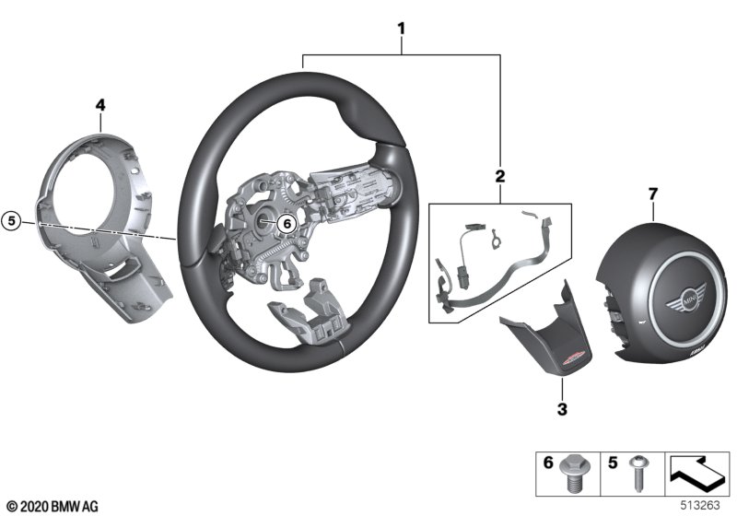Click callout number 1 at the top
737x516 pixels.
pyautogui.click(x=401, y=29)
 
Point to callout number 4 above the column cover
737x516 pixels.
pyautogui.click(x=99, y=108)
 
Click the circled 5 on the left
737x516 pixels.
pyautogui.click(x=11, y=221)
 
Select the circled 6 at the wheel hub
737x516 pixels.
pyautogui.click(x=284, y=222)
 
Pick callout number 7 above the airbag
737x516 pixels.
pyautogui.click(x=652, y=193)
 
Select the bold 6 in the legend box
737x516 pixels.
pyautogui.click(x=546, y=465)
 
